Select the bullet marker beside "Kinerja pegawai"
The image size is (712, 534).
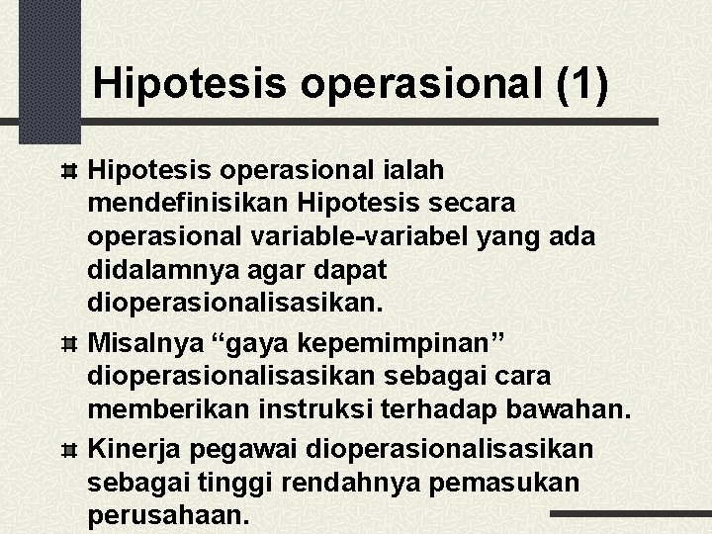point(70,451)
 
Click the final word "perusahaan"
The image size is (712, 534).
point(164,515)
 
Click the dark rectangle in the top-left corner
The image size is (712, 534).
point(48,69)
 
